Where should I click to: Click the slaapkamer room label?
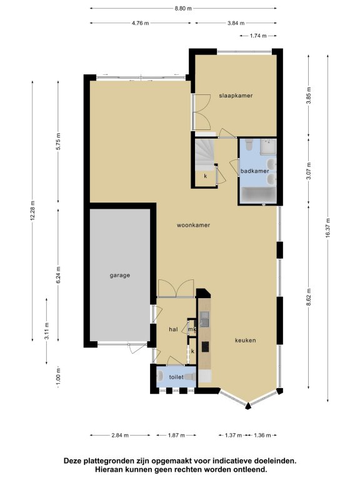pos(236,96)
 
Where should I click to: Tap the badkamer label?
pos(255,171)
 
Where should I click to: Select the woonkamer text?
pos(194,225)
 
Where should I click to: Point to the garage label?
pos(120,276)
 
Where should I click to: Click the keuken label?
pos(246,341)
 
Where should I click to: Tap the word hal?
pos(173,329)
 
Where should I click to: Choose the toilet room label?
pos(176,377)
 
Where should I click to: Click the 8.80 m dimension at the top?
pos(183,9)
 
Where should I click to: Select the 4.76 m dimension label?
pos(141,23)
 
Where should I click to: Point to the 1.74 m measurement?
pos(258,36)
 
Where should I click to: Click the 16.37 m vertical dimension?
pos(327,228)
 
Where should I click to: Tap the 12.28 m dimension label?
pos(32,211)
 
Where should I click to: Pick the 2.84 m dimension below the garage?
pos(120,435)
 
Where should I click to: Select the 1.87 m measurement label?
pos(176,435)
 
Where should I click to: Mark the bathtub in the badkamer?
pos(258,196)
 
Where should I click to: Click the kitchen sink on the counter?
pos(204,318)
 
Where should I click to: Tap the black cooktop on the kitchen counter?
pos(205,347)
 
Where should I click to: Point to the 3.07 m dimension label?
pos(309,171)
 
